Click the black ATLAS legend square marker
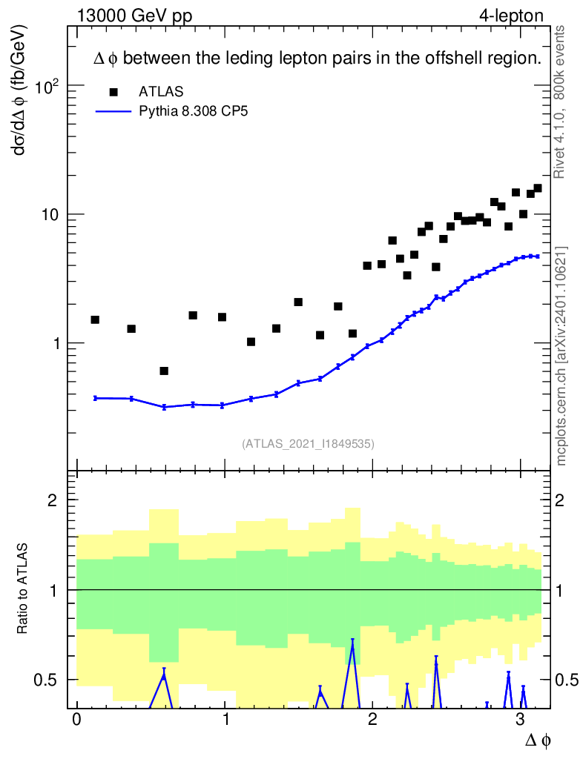click(x=113, y=91)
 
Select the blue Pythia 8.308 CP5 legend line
click(x=113, y=111)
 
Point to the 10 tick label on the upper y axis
click(x=50, y=214)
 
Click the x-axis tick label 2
click(x=372, y=719)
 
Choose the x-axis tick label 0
click(x=77, y=719)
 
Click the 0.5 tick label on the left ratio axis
click(x=46, y=680)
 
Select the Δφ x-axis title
click(x=538, y=740)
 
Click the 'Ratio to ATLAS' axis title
click(x=22, y=588)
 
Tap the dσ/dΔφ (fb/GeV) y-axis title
click(x=20, y=90)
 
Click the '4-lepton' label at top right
click(x=511, y=16)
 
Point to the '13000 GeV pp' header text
click(x=134, y=16)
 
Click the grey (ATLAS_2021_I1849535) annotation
click(x=308, y=444)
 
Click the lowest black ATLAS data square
click(x=164, y=371)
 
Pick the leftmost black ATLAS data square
click(x=95, y=319)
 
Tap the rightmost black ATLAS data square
click(x=538, y=188)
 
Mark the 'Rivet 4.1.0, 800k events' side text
click(x=559, y=102)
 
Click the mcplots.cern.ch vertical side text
click(x=561, y=356)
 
